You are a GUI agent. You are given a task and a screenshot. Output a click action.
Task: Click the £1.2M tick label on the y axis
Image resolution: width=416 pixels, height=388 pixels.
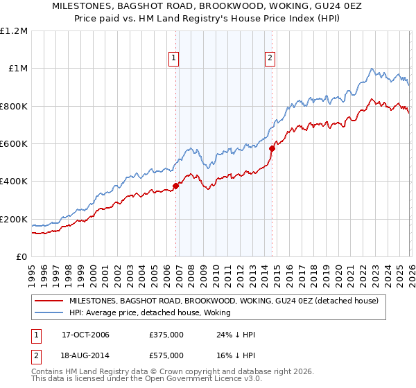tap(14, 30)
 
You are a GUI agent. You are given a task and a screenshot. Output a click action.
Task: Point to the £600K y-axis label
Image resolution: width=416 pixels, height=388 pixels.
tap(14, 144)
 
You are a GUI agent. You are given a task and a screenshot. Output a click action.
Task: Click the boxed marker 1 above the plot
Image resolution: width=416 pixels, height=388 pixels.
tap(173, 59)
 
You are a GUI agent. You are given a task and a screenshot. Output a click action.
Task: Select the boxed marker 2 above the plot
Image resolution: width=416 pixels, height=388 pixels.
tap(270, 59)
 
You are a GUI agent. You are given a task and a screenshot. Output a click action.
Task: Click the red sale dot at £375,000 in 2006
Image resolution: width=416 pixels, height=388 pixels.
tap(176, 186)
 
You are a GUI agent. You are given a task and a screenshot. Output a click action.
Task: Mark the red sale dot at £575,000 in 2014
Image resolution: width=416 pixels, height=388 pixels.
tap(272, 148)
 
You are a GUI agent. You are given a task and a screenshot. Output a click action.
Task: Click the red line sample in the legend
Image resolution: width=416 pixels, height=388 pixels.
tap(49, 301)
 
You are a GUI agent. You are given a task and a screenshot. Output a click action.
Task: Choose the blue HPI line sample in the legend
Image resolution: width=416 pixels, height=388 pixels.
tap(49, 313)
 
